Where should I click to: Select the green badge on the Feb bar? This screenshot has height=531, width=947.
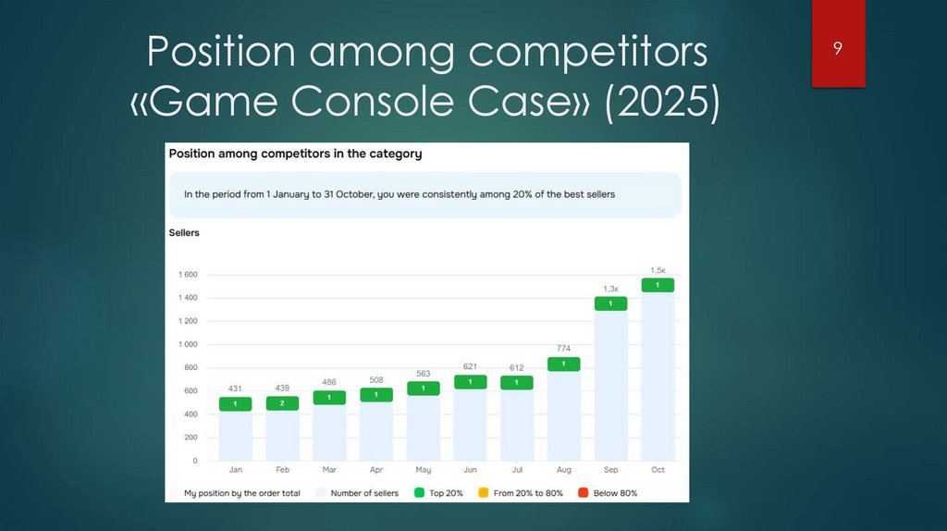[282, 403]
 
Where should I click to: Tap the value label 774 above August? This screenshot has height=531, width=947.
[563, 349]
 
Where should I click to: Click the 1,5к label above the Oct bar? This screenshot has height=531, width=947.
[658, 270]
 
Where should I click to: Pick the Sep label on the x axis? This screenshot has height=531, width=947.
[610, 470]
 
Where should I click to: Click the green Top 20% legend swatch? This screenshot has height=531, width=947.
[419, 493]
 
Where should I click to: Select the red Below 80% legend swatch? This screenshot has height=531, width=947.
[583, 493]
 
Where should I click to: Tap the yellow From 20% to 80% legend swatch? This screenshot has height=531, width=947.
[484, 493]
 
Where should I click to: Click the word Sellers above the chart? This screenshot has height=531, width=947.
[184, 233]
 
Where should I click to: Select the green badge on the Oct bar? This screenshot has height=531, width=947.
[658, 285]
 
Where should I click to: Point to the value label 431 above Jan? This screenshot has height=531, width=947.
[235, 389]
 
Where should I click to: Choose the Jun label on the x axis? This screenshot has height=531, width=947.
[470, 470]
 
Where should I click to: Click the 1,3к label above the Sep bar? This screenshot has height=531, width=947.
[610, 289]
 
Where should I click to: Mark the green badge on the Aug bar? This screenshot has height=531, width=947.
[563, 364]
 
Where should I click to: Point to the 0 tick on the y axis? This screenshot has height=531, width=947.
[194, 460]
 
